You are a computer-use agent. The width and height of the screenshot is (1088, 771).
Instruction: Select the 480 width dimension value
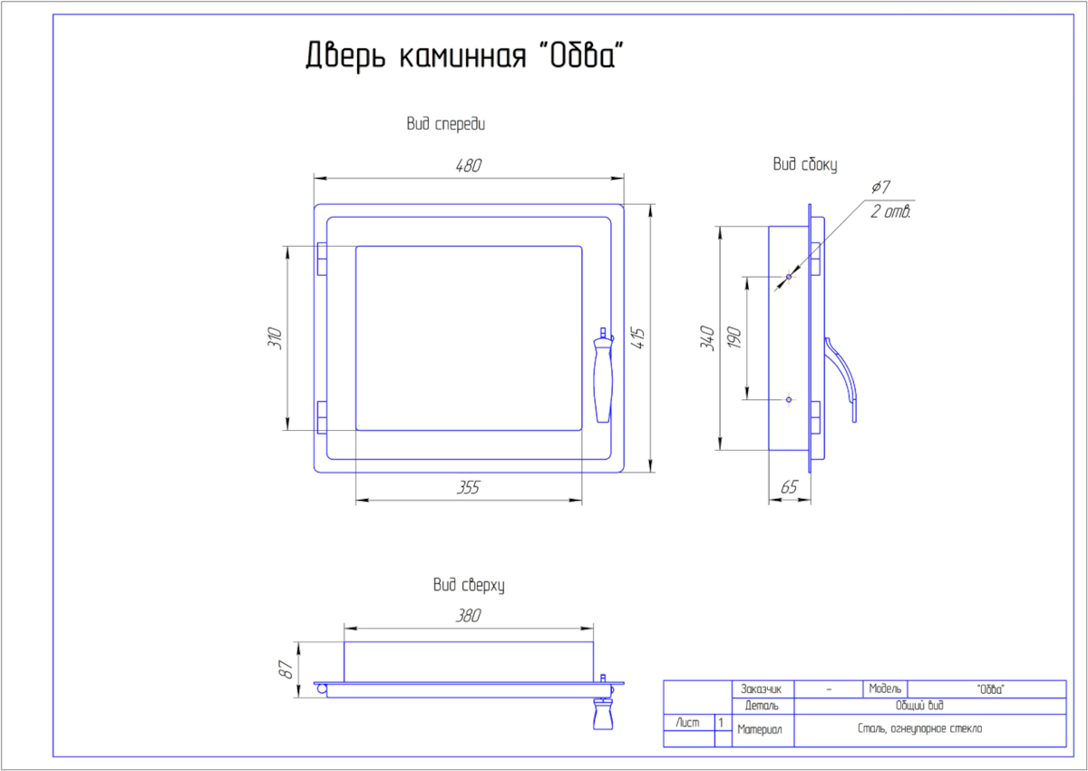click(468, 165)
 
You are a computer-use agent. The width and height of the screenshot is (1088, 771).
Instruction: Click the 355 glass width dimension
click(468, 488)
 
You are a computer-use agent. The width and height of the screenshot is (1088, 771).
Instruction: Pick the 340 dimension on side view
click(708, 338)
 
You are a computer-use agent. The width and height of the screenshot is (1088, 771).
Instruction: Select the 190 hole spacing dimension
click(734, 338)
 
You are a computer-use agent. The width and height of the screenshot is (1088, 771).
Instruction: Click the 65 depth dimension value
click(789, 488)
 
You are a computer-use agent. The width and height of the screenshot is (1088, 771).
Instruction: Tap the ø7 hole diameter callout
click(880, 187)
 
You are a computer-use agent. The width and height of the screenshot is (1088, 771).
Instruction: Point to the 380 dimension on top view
click(468, 616)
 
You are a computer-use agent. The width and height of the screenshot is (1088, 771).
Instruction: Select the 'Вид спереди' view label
click(445, 125)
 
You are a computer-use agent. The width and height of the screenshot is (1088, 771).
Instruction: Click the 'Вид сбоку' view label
click(804, 164)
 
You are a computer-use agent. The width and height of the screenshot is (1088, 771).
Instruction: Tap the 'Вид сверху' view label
click(468, 586)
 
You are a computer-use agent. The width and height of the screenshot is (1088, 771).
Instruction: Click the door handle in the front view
click(603, 376)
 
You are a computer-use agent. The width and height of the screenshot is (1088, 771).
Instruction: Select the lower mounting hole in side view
click(789, 399)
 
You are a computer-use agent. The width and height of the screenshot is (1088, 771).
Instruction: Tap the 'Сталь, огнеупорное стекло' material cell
click(919, 728)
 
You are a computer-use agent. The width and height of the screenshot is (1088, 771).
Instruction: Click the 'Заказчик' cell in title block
click(763, 688)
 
